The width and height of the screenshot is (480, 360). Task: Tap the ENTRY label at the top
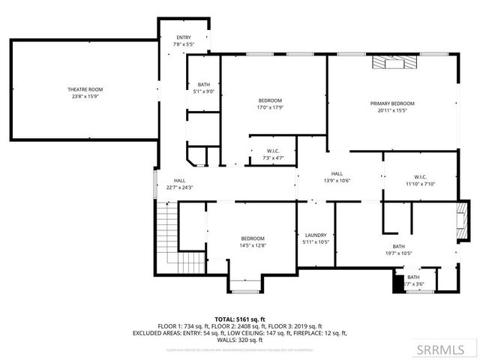click(x=184, y=37)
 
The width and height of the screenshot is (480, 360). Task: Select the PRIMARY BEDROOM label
click(x=391, y=103)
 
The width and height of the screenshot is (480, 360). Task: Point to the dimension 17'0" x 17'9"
click(x=270, y=106)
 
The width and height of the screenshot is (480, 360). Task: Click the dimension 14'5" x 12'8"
click(x=253, y=245)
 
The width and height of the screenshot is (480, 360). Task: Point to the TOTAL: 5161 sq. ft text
click(x=240, y=319)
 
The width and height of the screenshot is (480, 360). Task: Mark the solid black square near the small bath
click(x=397, y=285)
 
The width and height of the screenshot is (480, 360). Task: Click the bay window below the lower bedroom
click(x=244, y=285)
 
